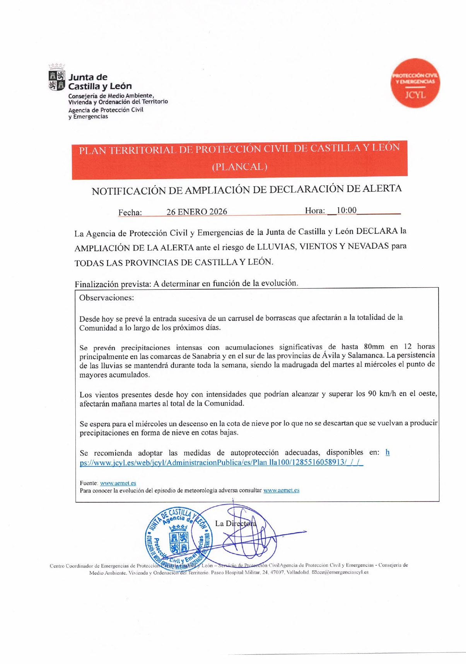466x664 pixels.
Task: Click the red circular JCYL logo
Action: point(415,83)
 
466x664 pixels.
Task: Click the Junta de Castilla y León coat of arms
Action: point(56,80)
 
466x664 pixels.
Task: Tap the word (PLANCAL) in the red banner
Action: point(239,167)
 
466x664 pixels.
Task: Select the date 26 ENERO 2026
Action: point(196,211)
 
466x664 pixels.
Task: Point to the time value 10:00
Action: point(346,210)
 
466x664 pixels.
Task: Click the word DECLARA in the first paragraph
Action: point(377,231)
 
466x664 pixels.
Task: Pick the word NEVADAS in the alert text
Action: point(368,246)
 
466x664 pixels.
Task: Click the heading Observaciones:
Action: point(106,298)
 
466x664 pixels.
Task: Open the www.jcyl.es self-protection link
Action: point(221,462)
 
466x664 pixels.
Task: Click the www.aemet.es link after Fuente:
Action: point(118,483)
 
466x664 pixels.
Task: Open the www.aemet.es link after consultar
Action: point(281,490)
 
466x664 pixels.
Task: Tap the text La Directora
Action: point(235,523)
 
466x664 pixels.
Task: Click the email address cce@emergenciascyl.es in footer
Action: point(342,572)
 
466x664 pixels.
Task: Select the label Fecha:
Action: point(130,212)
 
